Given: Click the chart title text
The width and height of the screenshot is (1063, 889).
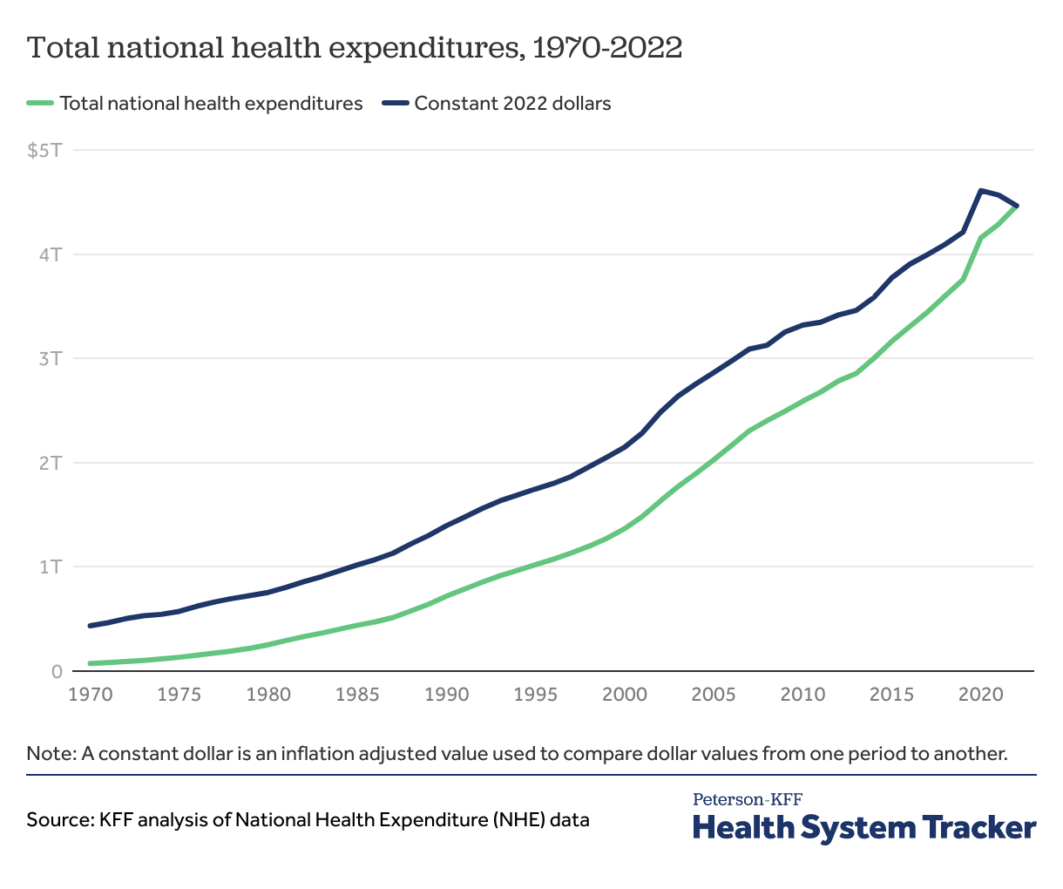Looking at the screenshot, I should point(354,47).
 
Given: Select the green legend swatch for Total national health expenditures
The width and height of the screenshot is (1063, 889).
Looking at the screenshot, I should point(40,104).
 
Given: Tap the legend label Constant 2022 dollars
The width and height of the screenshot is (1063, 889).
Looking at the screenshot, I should point(512,104).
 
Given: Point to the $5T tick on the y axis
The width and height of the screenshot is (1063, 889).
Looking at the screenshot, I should point(45,151).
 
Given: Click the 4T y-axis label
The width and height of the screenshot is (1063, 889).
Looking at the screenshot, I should point(51,254).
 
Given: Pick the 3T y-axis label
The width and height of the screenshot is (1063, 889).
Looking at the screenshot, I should point(51,358).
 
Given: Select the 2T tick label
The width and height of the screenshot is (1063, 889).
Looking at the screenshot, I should point(51,463).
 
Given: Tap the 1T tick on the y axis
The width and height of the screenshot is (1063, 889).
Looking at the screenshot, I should point(51,567).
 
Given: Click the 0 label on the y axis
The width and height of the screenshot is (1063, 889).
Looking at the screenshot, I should point(57,671).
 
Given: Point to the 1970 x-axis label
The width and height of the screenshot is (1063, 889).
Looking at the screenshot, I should point(91,695).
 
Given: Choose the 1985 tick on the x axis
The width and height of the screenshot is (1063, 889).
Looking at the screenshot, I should point(357,695).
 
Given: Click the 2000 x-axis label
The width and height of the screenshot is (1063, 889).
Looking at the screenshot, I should point(624,695).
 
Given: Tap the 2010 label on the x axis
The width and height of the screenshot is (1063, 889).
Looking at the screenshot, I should point(802,695).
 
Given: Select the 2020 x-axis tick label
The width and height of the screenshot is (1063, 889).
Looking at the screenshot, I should point(981,695).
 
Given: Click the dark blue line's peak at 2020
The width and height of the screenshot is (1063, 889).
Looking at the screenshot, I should point(981,191).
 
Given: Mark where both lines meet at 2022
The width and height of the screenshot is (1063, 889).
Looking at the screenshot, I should point(1016,206).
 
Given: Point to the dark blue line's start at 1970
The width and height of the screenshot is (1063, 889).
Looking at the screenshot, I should point(91,626).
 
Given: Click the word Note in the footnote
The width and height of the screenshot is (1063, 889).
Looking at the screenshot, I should point(50,753).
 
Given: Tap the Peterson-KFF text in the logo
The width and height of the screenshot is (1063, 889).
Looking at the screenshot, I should point(748,799).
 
